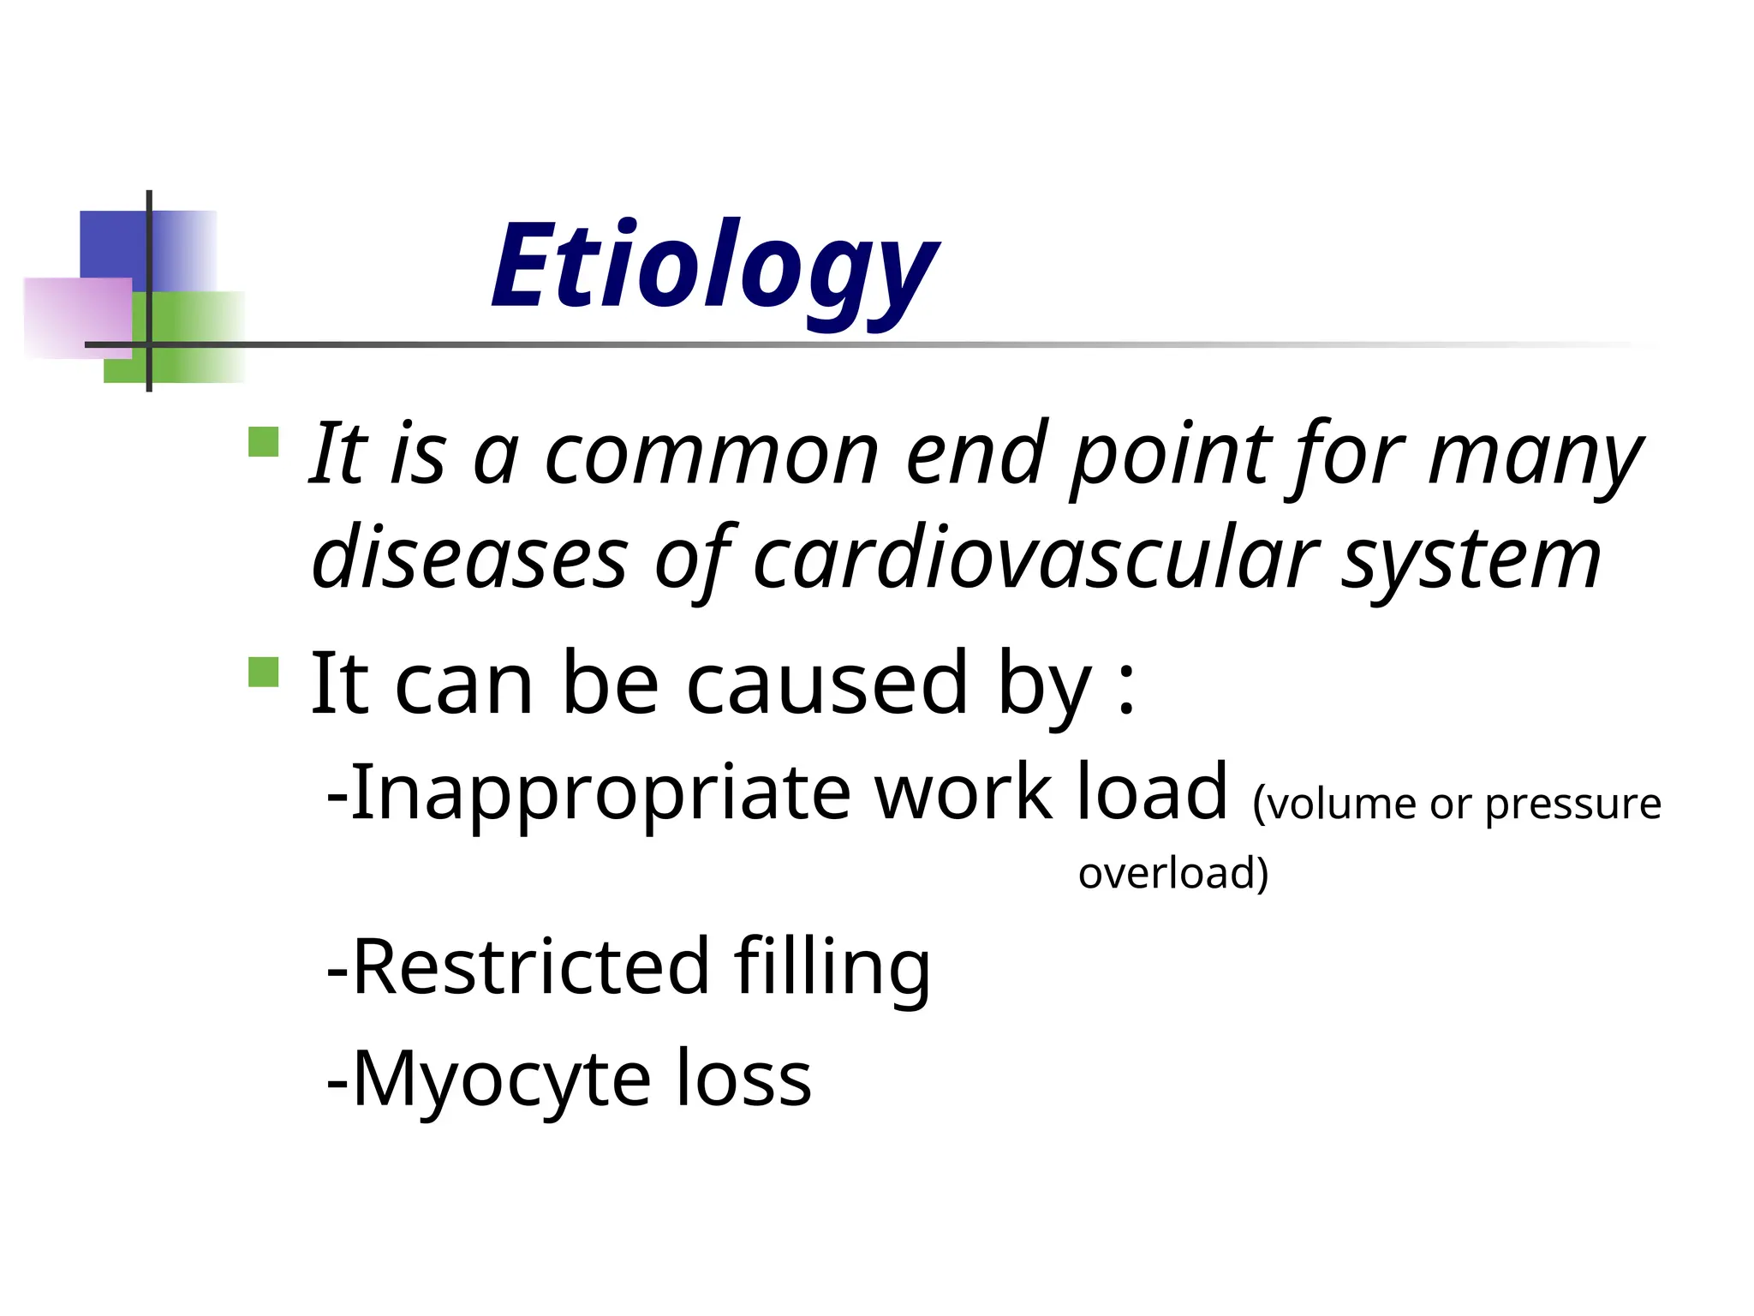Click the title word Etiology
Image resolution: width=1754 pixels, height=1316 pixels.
pos(715,267)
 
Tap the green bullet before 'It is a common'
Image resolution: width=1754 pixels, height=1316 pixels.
pos(264,442)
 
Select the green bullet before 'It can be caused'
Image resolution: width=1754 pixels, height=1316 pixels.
pos(264,672)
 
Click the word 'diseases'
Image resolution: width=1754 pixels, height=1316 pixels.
pos(470,559)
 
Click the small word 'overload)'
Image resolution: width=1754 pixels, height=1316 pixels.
pos(1172,873)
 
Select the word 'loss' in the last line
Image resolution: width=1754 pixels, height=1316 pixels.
pos(744,1080)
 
